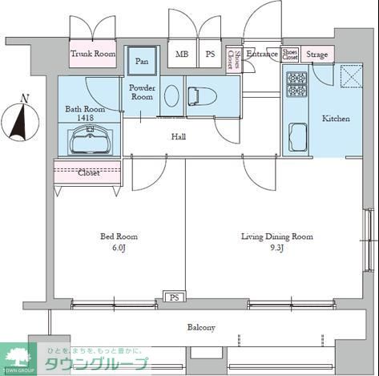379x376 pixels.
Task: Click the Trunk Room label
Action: (93, 54)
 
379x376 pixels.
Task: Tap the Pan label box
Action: (142, 61)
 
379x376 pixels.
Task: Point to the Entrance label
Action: (261, 54)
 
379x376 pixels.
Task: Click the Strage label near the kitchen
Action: (317, 55)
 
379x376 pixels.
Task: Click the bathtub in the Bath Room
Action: (87, 142)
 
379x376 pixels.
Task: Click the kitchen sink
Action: (299, 136)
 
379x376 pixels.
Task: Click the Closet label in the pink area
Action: (88, 172)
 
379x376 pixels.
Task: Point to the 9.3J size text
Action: (277, 248)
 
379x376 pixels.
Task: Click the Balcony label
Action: (201, 327)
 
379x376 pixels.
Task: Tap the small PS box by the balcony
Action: (173, 297)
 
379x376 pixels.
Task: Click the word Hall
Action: (179, 137)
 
